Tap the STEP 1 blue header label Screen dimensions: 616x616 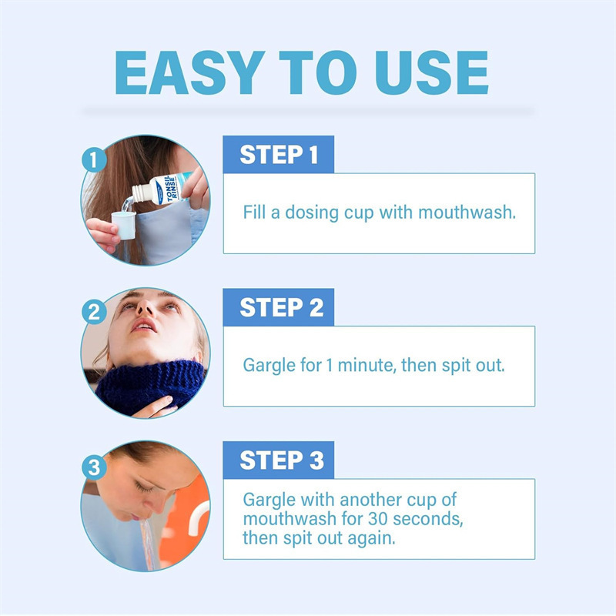279,155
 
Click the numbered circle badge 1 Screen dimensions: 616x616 93,161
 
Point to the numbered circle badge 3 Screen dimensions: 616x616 93,467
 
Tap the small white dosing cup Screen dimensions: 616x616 123,225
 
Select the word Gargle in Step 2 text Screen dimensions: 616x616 267,365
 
